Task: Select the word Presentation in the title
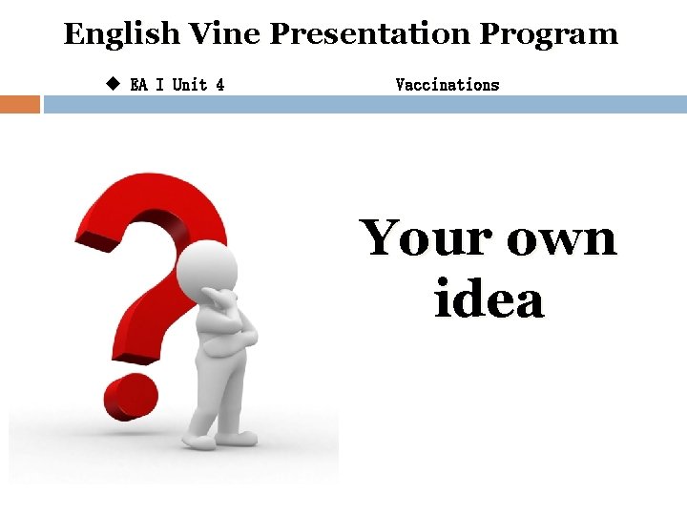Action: tap(369, 34)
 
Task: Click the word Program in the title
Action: tap(549, 35)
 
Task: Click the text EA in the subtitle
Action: tap(138, 85)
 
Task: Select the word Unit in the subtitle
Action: tap(190, 85)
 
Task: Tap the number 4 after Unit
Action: tap(220, 85)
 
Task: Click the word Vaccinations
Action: tap(447, 85)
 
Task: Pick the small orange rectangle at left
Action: tap(20, 104)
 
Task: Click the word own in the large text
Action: tap(562, 238)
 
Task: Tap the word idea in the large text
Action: tap(489, 299)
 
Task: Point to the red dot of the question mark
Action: tap(130, 395)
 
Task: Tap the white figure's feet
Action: tap(219, 438)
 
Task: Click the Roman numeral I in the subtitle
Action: tap(159, 85)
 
